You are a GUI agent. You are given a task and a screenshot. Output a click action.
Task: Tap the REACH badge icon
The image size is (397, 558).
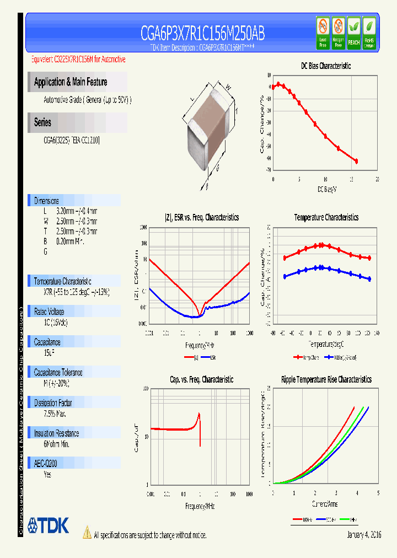click(353, 33)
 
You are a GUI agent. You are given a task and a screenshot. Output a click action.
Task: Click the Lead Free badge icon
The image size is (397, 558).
click(323, 33)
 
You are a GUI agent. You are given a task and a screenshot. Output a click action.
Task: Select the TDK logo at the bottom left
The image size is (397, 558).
click(48, 525)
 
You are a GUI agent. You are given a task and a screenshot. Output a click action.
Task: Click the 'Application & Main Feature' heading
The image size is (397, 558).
click(71, 82)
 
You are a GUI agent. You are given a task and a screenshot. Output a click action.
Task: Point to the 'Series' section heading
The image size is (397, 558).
click(42, 122)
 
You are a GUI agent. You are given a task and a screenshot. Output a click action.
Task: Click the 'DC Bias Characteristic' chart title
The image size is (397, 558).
click(325, 66)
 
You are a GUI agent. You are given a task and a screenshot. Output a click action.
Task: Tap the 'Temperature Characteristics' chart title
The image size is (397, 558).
click(326, 218)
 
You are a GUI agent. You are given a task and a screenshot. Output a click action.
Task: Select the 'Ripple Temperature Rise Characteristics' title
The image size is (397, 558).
click(326, 379)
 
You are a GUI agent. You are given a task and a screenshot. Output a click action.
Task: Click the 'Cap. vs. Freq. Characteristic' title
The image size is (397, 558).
click(201, 379)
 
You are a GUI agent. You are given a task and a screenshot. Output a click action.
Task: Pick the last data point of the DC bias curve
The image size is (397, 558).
click(356, 161)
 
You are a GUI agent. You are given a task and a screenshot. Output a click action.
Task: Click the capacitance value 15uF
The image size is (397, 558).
click(49, 352)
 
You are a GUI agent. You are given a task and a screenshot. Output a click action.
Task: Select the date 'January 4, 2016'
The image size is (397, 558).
click(364, 535)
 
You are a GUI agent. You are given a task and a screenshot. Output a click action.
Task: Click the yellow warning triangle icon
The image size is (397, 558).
click(87, 533)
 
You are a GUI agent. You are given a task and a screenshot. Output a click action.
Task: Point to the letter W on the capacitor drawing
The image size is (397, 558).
click(228, 87)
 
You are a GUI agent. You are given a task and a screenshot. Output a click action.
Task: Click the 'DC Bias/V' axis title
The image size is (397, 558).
click(326, 189)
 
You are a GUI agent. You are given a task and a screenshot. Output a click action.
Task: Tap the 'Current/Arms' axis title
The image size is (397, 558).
click(325, 504)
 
